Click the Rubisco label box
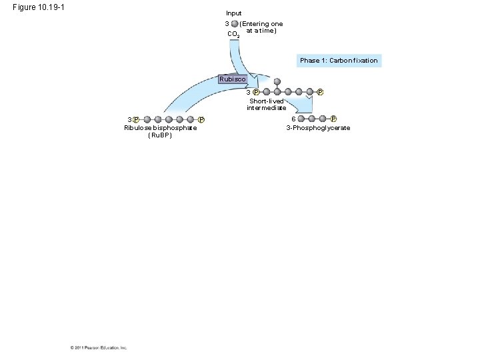click(x=233, y=79)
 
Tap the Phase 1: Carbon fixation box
click(x=339, y=61)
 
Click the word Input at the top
click(x=234, y=13)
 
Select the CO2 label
click(x=233, y=34)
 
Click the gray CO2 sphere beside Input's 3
click(x=235, y=24)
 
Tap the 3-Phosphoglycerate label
click(x=318, y=128)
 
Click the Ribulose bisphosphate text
click(x=160, y=128)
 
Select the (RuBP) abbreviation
click(x=160, y=135)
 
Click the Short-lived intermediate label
click(x=267, y=104)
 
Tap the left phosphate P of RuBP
click(x=135, y=120)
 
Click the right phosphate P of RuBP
click(x=201, y=120)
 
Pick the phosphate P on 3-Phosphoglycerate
click(x=333, y=119)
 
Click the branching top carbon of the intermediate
click(x=277, y=83)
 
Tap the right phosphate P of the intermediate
click(x=320, y=92)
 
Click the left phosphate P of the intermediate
click(x=256, y=92)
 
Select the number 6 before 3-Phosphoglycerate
click(x=294, y=119)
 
